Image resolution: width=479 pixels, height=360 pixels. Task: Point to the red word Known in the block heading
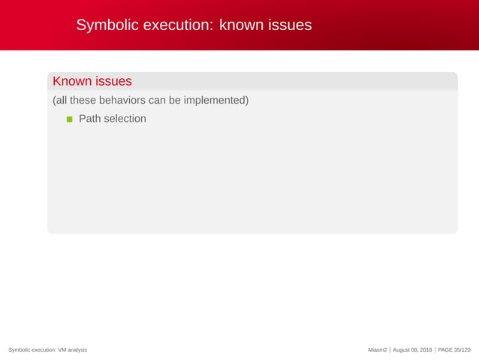pos(71,81)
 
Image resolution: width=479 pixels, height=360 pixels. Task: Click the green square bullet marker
pos(70,119)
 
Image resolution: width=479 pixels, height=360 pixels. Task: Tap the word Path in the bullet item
pos(89,119)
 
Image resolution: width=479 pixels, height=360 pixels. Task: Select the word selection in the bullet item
pos(125,119)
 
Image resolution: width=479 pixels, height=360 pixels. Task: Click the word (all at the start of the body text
pos(60,100)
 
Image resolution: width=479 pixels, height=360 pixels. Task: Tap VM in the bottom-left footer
pos(62,350)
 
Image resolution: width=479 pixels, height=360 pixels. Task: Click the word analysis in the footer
pos(77,350)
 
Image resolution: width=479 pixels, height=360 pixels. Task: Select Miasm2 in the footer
pos(378,350)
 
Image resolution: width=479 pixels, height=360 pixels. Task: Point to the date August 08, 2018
pos(412,350)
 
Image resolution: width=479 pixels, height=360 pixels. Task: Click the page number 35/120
pos(461,350)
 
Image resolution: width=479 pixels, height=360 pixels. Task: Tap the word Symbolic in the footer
pos(19,350)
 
